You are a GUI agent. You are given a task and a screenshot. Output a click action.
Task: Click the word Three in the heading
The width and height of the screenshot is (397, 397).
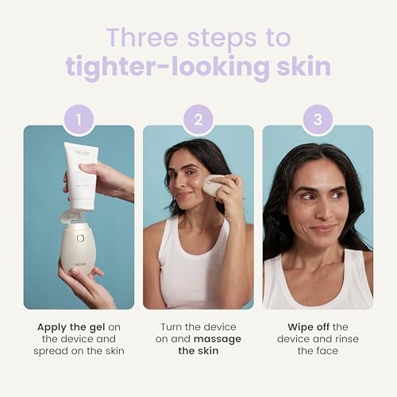pos(142,37)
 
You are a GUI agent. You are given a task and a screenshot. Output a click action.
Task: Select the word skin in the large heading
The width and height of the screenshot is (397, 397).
pos(303,66)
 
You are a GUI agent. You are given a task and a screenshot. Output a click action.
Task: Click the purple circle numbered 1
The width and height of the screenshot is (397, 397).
pos(79,120)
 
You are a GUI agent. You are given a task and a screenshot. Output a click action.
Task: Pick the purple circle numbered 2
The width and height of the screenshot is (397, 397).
pos(198,120)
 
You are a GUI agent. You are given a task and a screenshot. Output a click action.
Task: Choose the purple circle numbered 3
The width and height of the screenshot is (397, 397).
pos(318,120)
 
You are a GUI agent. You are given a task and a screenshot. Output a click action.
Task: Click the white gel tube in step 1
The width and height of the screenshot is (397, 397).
pos(81,175)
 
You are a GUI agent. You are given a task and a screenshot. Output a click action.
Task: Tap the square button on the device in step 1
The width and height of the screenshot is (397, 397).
pos(80,238)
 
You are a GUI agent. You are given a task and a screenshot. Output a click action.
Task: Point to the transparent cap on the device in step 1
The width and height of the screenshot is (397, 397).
pos(72,217)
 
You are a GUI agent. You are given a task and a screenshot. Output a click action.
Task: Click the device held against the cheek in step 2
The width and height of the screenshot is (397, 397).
pos(212,185)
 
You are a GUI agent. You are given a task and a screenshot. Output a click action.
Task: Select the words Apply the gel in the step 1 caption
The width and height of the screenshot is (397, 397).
pos(71,327)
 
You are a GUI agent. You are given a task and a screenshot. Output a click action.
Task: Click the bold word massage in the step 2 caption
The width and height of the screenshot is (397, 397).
pos(218,340)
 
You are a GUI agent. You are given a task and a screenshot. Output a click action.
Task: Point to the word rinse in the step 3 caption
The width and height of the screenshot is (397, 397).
pos(346,339)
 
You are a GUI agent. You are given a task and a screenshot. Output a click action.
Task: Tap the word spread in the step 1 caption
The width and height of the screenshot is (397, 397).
pos(48,352)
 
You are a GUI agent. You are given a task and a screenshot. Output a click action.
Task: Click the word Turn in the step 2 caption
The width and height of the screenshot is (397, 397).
pos(172,327)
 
